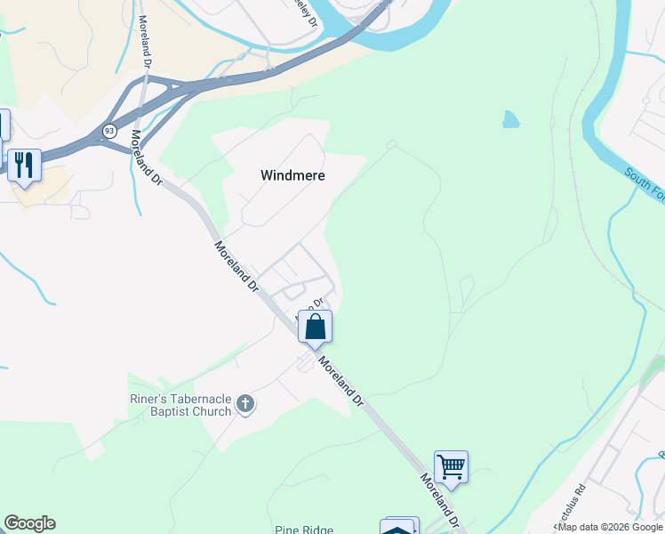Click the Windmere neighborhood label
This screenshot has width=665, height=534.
coord(292,175)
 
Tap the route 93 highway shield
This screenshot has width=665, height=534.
coord(108,130)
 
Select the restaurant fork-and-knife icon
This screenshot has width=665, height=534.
coord(24,164)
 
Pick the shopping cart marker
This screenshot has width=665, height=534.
coord(451,465)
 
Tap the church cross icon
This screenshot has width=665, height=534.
coord(246,405)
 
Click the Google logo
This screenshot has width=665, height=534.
coord(29,523)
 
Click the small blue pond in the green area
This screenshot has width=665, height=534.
coord(510,119)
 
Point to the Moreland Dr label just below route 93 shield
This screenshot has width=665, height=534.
coord(146,158)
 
